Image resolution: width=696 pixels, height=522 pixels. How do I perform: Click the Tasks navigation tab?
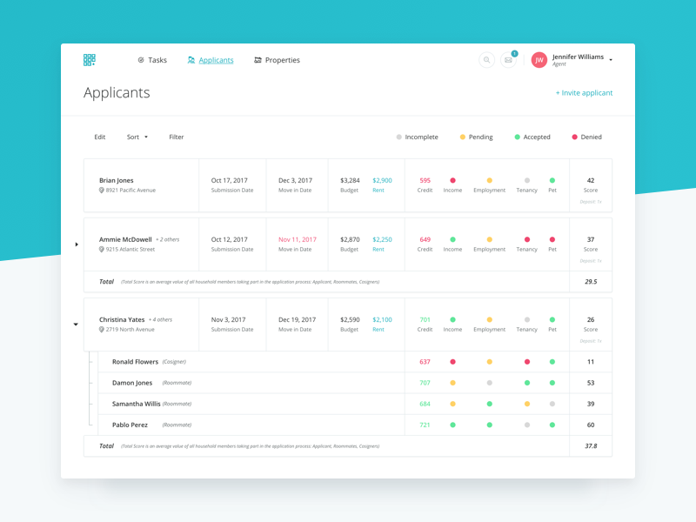pyautogui.click(x=152, y=60)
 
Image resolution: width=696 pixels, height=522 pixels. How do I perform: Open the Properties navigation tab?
pyautogui.click(x=277, y=60)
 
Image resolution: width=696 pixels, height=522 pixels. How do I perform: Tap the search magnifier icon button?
pyautogui.click(x=487, y=60)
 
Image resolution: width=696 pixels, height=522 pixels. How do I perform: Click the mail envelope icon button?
pyautogui.click(x=509, y=60)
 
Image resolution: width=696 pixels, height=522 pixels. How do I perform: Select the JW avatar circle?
pyautogui.click(x=539, y=60)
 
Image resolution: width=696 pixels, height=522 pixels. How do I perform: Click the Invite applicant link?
pyautogui.click(x=585, y=93)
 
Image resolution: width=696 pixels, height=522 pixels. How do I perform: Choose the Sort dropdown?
pyautogui.click(x=137, y=137)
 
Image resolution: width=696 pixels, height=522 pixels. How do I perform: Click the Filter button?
pyautogui.click(x=177, y=137)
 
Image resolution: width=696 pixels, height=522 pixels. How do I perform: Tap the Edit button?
pyautogui.click(x=100, y=137)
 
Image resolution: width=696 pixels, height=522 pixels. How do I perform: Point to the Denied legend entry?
pyautogui.click(x=586, y=137)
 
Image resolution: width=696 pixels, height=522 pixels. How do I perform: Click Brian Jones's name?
pyautogui.click(x=117, y=180)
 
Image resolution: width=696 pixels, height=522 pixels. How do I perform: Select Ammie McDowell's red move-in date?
pyautogui.click(x=298, y=239)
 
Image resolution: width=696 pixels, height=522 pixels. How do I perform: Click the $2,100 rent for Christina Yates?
pyautogui.click(x=382, y=319)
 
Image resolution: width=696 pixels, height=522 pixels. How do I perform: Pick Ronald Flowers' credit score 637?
pyautogui.click(x=425, y=362)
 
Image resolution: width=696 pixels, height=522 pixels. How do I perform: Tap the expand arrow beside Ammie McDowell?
pyautogui.click(x=77, y=244)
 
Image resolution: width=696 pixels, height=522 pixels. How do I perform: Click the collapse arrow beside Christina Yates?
pyautogui.click(x=76, y=325)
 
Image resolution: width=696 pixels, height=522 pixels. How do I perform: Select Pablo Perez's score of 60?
pyautogui.click(x=591, y=425)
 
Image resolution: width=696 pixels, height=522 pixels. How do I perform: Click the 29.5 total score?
pyautogui.click(x=591, y=282)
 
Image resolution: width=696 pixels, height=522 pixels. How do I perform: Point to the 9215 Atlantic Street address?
pyautogui.click(x=130, y=250)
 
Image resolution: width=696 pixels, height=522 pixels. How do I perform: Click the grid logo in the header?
pyautogui.click(x=90, y=60)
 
